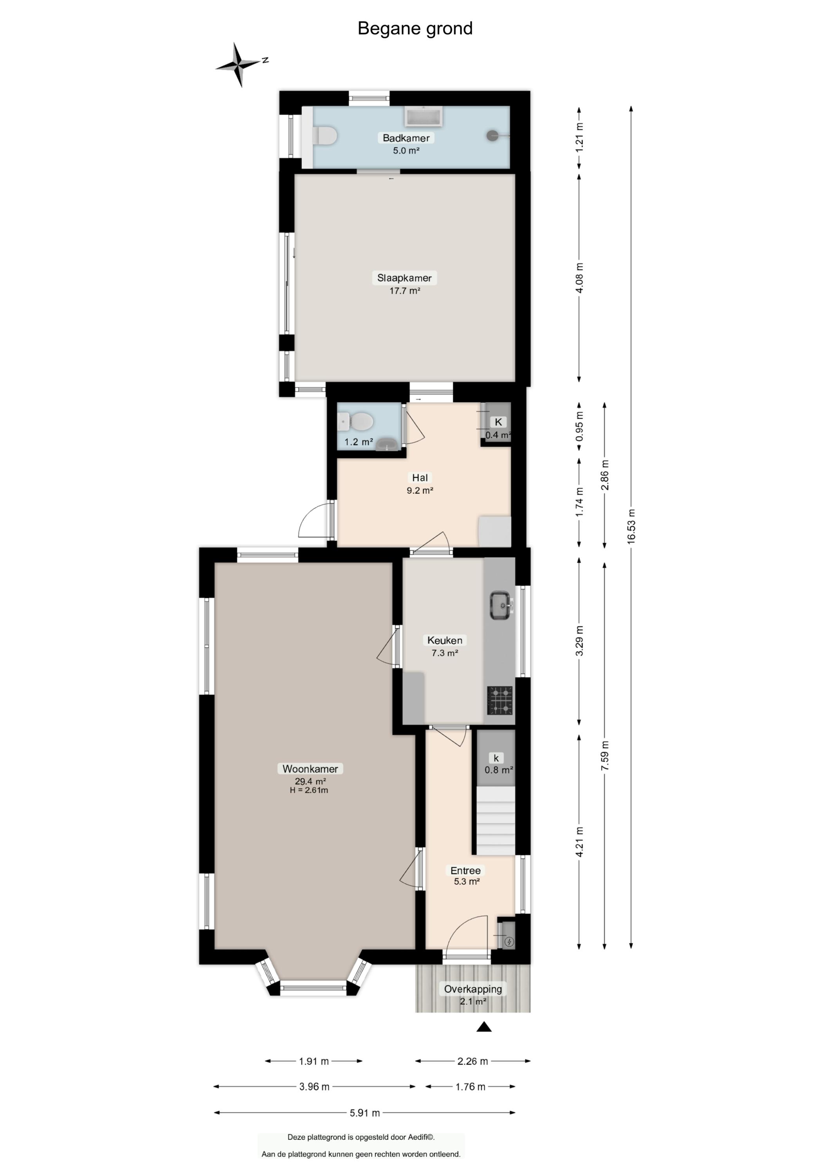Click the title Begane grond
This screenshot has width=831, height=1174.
click(x=415, y=29)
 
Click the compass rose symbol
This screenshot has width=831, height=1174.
click(x=238, y=65)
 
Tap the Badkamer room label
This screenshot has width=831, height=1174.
click(x=406, y=138)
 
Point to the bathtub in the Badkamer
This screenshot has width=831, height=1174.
click(x=424, y=117)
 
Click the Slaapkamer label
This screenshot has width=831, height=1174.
click(x=404, y=278)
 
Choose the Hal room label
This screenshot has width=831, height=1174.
click(x=420, y=477)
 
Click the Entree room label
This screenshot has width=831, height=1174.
click(x=466, y=870)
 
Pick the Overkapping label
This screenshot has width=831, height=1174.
click(x=473, y=989)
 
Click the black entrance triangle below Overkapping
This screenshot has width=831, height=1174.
click(x=484, y=1027)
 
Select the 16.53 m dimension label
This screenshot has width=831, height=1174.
click(x=631, y=526)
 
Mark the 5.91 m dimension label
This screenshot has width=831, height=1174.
click(x=365, y=1113)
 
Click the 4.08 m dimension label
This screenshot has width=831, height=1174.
click(x=580, y=278)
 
